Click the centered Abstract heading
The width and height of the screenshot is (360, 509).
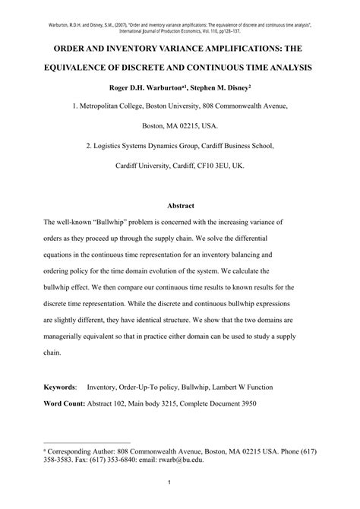180,205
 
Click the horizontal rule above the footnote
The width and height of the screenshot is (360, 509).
87,442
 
